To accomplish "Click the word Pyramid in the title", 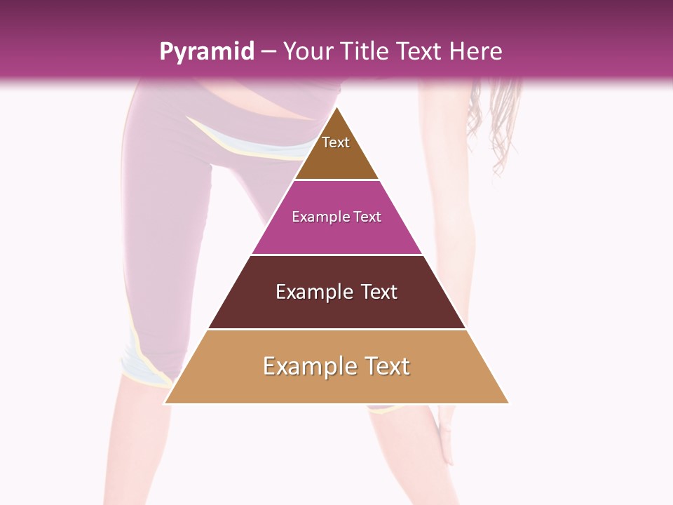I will tap(207, 52).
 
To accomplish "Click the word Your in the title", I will tap(308, 51).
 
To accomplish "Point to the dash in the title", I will tap(268, 52).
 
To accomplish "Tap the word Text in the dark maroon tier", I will tap(379, 292).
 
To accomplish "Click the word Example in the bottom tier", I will tap(309, 366).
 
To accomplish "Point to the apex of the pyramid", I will tap(336, 107).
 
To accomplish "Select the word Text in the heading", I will tap(420, 51).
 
